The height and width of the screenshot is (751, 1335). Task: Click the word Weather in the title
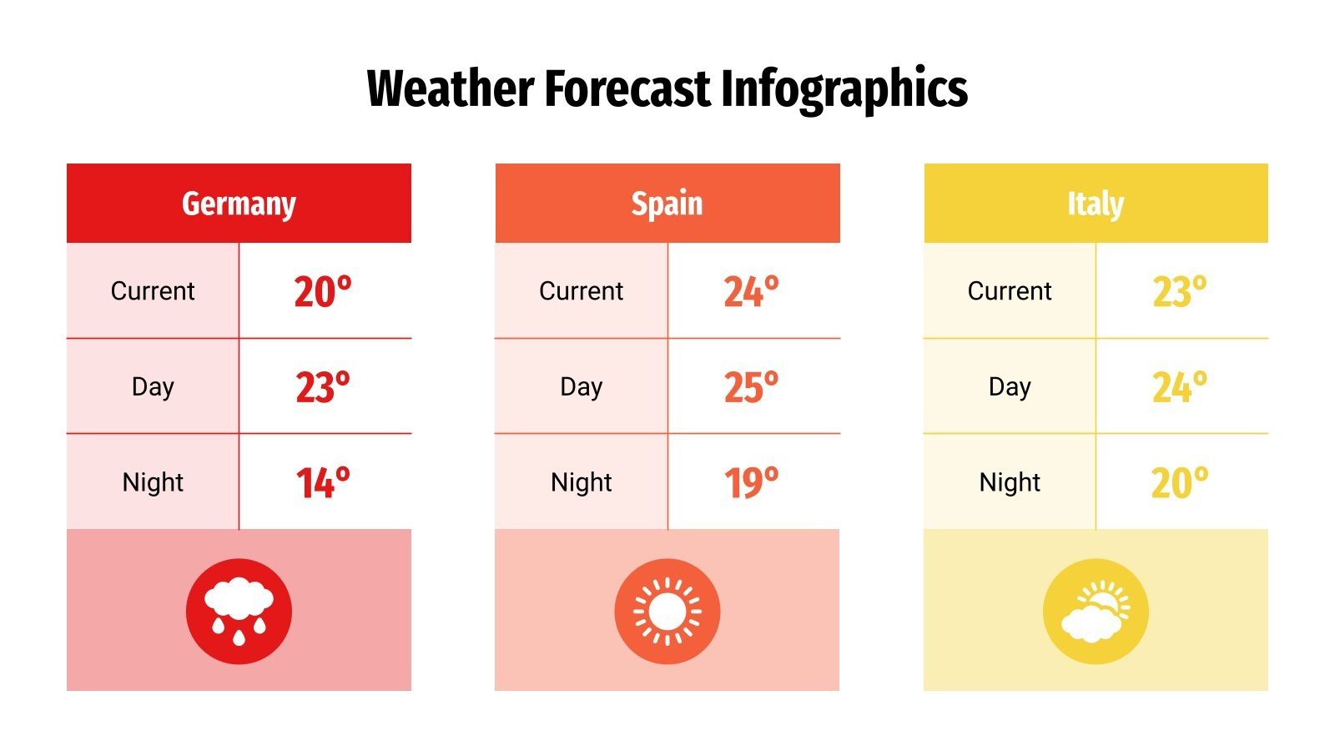[451, 88]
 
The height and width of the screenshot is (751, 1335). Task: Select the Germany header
[239, 204]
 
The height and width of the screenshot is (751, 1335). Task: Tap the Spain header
[667, 204]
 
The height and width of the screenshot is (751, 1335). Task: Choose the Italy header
[1096, 204]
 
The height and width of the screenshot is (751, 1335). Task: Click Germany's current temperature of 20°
[323, 292]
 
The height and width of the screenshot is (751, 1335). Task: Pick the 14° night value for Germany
[323, 483]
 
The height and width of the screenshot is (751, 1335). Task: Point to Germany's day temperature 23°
[323, 388]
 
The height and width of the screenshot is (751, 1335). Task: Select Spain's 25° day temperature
[751, 388]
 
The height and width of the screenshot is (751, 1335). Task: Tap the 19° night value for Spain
[751, 483]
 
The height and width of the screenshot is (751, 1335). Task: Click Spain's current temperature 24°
[751, 292]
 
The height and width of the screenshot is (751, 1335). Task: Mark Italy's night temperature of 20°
[1179, 483]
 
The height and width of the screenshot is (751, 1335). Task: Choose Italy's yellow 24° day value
[1179, 388]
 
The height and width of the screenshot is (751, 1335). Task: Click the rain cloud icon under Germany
[239, 611]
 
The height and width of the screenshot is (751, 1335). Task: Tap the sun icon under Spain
[667, 611]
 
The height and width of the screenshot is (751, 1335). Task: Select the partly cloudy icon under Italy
[1096, 611]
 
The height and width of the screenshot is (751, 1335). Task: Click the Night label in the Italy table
[1010, 482]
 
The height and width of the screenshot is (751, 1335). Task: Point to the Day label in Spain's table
[581, 387]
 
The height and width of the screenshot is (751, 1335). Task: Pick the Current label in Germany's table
[153, 291]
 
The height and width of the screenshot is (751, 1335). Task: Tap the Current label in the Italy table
[1010, 291]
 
